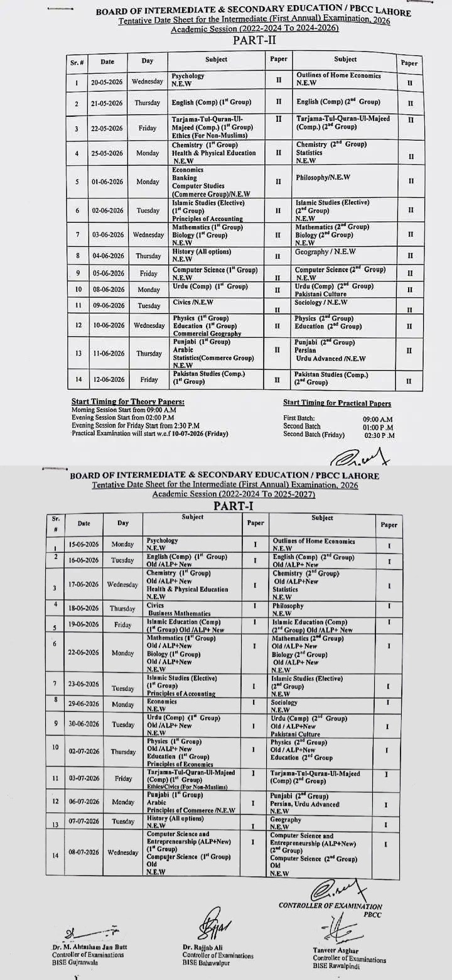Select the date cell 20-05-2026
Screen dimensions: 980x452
(107, 82)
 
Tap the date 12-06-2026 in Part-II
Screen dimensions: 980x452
(107, 379)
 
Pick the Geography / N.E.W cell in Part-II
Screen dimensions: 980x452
(326, 252)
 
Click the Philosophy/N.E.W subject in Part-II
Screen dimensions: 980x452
(323, 178)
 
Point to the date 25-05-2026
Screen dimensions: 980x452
(107, 153)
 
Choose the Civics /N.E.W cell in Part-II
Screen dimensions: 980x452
(190, 302)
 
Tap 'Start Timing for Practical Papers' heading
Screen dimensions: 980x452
(336, 403)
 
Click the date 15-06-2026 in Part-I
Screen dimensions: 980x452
(83, 544)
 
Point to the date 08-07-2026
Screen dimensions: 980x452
(83, 852)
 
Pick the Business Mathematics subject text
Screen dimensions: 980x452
(179, 613)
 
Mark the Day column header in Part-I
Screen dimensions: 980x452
(122, 523)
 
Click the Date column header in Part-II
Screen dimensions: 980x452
(107, 62)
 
